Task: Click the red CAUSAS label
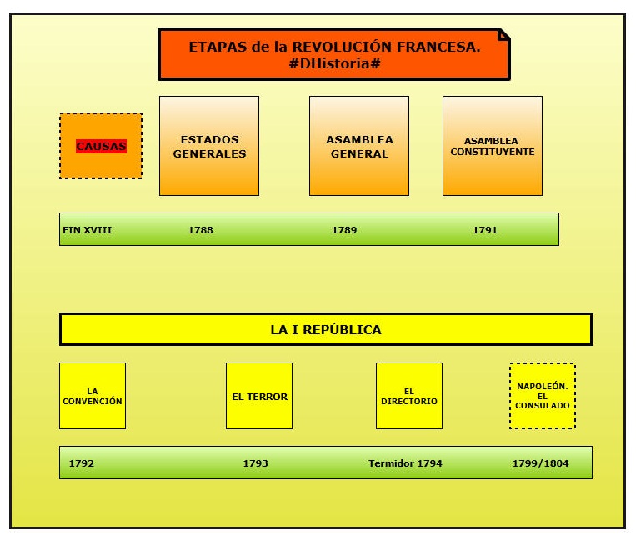101,146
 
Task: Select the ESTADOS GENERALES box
209,146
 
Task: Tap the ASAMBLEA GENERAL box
359,146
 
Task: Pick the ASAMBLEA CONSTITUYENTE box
493,146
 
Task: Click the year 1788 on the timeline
200,230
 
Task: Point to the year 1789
344,230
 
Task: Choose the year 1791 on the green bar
485,230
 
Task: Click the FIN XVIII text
87,230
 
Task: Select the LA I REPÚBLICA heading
326,329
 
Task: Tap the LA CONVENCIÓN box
93,396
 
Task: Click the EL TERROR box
259,396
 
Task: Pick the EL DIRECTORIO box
409,396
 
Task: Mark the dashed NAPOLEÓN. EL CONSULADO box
543,396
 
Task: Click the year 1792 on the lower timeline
81,463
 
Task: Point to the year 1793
255,463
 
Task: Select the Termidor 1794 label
405,463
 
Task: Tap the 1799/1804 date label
541,463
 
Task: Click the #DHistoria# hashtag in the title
334,63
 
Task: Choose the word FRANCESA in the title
438,47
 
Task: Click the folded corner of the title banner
503,34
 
